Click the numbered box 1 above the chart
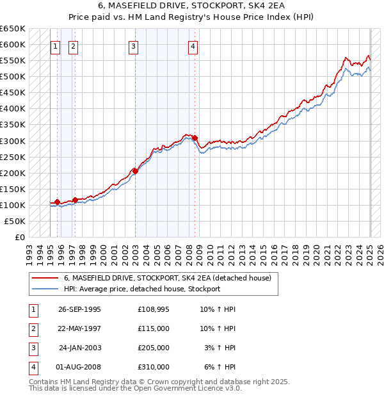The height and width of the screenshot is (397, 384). pyautogui.click(x=56, y=46)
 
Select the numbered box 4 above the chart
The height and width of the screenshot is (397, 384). pyautogui.click(x=193, y=46)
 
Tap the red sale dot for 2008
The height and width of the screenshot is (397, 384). pyautogui.click(x=195, y=138)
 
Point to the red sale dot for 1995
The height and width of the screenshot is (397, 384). pyautogui.click(x=58, y=202)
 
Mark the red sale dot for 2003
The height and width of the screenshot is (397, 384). pyautogui.click(x=135, y=171)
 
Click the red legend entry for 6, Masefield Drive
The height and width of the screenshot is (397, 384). pyautogui.click(x=168, y=278)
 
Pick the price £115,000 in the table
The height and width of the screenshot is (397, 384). pyautogui.click(x=154, y=328)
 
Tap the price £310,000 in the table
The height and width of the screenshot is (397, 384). pyautogui.click(x=154, y=367)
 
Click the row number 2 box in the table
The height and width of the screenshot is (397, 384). pyautogui.click(x=33, y=328)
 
